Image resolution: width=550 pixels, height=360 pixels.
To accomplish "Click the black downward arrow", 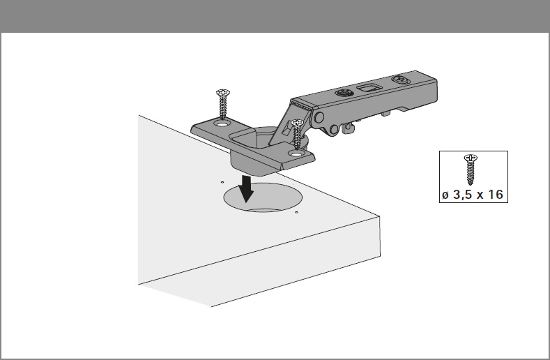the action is (x=247, y=188).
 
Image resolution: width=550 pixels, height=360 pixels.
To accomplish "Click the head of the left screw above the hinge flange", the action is (x=223, y=93).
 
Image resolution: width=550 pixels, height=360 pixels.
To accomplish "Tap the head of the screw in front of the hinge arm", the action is (x=298, y=123).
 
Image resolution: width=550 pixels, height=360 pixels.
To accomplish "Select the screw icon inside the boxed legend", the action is (x=471, y=170).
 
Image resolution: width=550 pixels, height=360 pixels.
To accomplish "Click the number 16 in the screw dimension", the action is (x=495, y=194).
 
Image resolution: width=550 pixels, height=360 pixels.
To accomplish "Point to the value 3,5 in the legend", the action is (x=462, y=195).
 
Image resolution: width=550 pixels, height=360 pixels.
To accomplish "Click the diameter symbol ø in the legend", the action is (x=445, y=195).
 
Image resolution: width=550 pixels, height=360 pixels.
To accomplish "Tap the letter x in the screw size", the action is (x=479, y=195).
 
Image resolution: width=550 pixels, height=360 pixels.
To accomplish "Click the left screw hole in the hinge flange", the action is (x=222, y=124).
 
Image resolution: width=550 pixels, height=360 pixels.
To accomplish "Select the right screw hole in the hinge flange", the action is (x=296, y=153).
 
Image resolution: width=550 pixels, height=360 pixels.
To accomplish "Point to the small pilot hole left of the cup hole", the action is (x=222, y=182).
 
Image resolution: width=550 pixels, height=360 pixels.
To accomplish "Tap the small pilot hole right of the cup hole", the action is (x=296, y=212).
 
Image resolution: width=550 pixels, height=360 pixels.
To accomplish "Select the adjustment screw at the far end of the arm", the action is (x=402, y=80).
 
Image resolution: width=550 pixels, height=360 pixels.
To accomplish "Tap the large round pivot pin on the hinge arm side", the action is (x=319, y=117).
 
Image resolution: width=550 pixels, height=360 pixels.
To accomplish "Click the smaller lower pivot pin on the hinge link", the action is (x=334, y=130).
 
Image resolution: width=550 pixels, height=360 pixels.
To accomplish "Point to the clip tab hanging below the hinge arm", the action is (x=349, y=128).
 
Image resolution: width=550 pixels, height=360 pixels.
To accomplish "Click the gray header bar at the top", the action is (x=275, y=16).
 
